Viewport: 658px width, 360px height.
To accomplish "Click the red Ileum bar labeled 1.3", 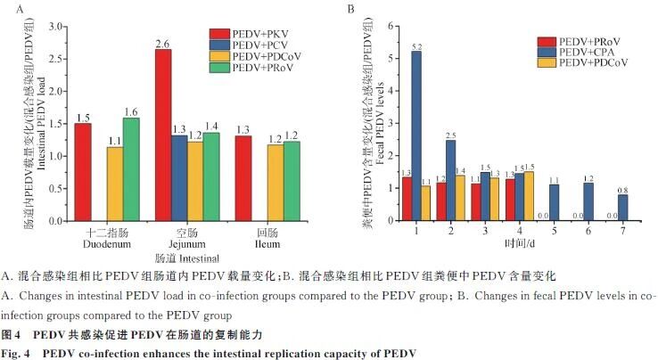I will click(x=243, y=178).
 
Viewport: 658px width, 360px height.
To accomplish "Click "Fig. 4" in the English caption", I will click(x=21, y=351).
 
